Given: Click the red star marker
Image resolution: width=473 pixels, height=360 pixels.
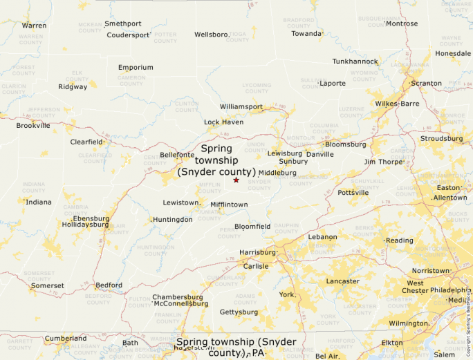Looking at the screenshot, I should pyautogui.click(x=236, y=180).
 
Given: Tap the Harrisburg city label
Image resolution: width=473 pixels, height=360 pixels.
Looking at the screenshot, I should pyautogui.click(x=257, y=252).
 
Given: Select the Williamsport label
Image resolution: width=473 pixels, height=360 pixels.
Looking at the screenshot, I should pyautogui.click(x=241, y=107).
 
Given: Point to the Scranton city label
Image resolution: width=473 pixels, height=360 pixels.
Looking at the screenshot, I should pyautogui.click(x=426, y=83).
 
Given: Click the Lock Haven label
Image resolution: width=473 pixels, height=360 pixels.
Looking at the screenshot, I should pyautogui.click(x=223, y=122).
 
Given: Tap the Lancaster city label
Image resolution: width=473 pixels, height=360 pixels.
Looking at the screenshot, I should pyautogui.click(x=343, y=281).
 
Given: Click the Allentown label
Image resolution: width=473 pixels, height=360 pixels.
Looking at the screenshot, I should pyautogui.click(x=450, y=198).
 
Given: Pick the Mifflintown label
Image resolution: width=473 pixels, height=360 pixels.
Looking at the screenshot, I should pyautogui.click(x=229, y=205).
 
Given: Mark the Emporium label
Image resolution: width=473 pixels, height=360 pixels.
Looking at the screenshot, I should pyautogui.click(x=136, y=67).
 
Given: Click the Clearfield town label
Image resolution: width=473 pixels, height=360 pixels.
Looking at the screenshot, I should pyautogui.click(x=86, y=142).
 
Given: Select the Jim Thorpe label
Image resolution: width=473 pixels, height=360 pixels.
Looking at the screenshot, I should pyautogui.click(x=383, y=162).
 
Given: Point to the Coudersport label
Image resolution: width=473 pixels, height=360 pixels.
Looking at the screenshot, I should pyautogui.click(x=129, y=35).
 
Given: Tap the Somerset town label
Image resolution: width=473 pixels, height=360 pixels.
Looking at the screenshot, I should pyautogui.click(x=48, y=285).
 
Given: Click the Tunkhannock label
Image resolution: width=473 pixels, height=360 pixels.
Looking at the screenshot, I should pyautogui.click(x=355, y=61).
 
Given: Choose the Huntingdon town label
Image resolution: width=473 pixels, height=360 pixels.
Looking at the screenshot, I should pyautogui.click(x=173, y=219).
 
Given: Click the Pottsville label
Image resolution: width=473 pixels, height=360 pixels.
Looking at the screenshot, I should pyautogui.click(x=353, y=193).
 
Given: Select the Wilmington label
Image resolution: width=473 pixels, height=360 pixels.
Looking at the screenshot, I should pyautogui.click(x=409, y=323).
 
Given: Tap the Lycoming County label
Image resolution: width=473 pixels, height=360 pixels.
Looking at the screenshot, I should pyautogui.click(x=257, y=88).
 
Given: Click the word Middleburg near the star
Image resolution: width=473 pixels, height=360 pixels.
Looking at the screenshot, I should pyautogui.click(x=277, y=172).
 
